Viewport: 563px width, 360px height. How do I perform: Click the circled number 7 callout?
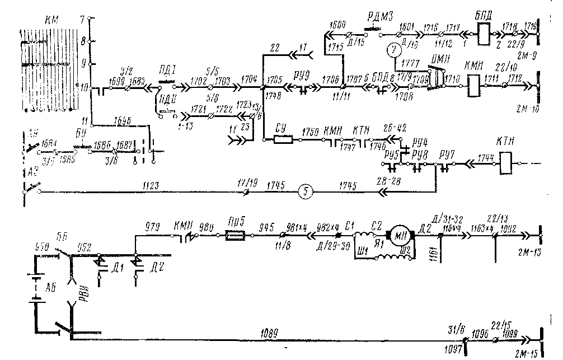(394, 50)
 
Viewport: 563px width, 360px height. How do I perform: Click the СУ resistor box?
(283, 139)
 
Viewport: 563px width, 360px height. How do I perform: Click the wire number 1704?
(249, 79)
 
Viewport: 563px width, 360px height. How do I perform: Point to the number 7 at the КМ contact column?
(83, 18)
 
